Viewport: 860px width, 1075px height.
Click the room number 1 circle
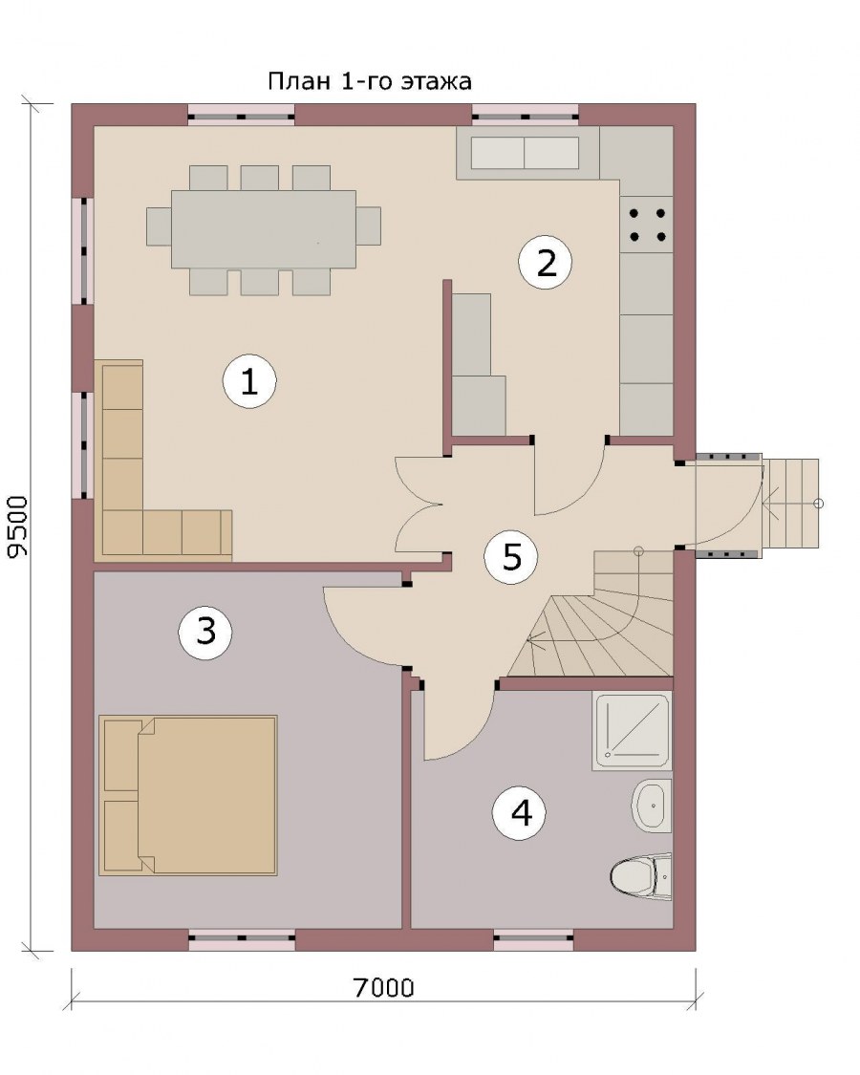pos(249,381)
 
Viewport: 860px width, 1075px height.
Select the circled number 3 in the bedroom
pos(205,631)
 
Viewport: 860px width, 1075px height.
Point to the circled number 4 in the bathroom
pos(521,813)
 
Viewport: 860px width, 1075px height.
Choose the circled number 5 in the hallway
pos(511,557)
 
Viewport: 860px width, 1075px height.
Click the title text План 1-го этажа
pos(370,81)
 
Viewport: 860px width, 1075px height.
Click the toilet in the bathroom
pos(640,874)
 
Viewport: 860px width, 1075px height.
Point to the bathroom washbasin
pos(651,806)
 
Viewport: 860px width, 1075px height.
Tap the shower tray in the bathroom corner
pos(632,731)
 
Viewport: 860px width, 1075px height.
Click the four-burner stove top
pos(647,225)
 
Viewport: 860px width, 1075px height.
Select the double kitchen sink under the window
pos(525,153)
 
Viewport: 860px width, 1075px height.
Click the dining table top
pos(264,229)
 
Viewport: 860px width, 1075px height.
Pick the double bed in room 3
pos(188,795)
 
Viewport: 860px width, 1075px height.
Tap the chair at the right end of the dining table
pos(368,226)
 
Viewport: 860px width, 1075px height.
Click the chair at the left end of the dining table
pos(159,226)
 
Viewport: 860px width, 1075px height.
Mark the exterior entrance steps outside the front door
pos(791,503)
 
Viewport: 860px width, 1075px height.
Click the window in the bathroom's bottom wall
pos(534,940)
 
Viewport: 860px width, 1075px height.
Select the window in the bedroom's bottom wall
pos(242,940)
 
